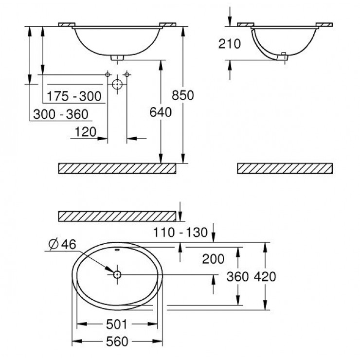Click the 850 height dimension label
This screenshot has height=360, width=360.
(183, 95)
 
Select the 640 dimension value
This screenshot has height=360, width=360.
(161, 113)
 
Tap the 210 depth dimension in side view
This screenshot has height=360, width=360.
(230, 44)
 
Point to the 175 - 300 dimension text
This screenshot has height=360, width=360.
(74, 96)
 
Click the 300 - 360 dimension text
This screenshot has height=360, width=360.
(60, 114)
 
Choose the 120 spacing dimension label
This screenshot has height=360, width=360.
(85, 131)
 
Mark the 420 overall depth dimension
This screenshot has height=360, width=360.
(265, 277)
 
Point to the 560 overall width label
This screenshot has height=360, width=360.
(117, 341)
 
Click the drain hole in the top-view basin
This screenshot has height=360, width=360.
(117, 274)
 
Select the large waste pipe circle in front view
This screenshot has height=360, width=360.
(117, 84)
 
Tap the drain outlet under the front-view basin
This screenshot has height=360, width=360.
(117, 57)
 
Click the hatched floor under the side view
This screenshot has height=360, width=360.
(285, 168)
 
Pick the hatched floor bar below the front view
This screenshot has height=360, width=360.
(117, 168)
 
